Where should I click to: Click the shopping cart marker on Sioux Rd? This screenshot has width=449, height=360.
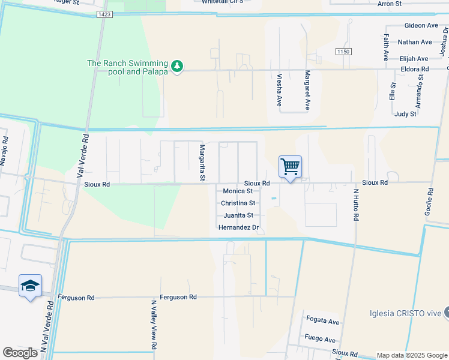(x=290, y=166)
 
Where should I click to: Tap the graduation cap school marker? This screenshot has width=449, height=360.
(x=30, y=286)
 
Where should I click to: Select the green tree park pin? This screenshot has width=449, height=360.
(x=176, y=66)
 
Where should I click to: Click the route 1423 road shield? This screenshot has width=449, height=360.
(x=104, y=14)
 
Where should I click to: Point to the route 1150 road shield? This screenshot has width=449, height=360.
(x=343, y=52)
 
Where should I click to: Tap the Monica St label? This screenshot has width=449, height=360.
(x=238, y=191)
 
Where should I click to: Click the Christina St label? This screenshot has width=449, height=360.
(x=238, y=203)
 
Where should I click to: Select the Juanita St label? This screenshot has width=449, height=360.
(x=238, y=215)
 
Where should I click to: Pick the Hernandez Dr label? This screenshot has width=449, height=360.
(x=238, y=228)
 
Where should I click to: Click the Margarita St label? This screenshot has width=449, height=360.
(x=203, y=163)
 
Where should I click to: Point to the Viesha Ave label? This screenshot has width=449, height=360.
(x=279, y=90)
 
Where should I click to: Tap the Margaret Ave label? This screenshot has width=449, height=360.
(x=307, y=90)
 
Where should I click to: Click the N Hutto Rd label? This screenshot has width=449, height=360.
(x=355, y=206)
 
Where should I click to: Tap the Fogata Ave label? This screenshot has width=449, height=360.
(x=322, y=322)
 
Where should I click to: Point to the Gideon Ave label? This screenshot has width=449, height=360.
(x=421, y=26)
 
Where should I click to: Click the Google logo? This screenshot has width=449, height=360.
(x=20, y=352)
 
